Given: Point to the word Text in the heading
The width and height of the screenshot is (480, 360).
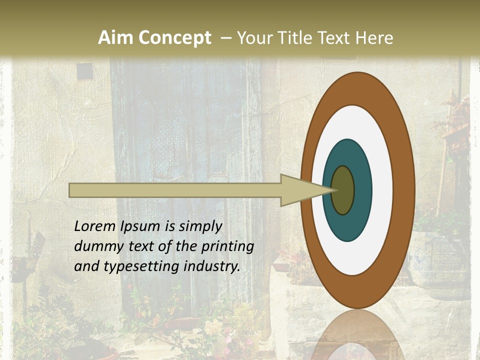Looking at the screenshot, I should [x=336, y=38].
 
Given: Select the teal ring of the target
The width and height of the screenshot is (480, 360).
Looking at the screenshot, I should [x=347, y=225].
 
